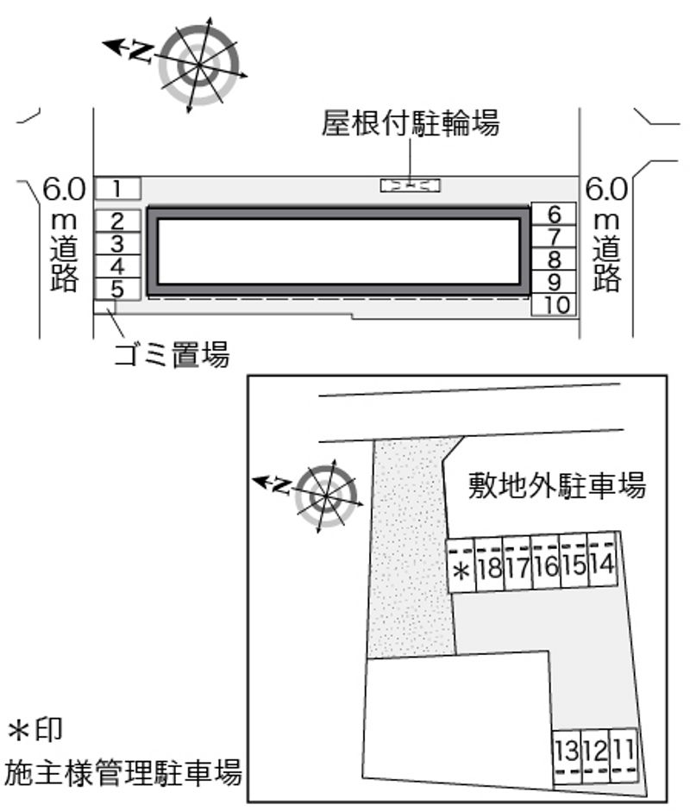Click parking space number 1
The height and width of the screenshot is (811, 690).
(x=117, y=188)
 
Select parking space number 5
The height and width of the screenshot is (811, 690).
(x=117, y=289)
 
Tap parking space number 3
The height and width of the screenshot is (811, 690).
(x=117, y=244)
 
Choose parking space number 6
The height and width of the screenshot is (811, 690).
(x=554, y=214)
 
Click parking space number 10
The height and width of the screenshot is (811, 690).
(x=554, y=304)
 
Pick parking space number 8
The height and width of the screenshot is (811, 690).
(x=554, y=259)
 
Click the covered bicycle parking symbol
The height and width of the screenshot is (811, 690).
(x=410, y=185)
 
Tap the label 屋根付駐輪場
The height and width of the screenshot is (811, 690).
(x=410, y=123)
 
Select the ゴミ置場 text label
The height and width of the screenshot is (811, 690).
(x=172, y=355)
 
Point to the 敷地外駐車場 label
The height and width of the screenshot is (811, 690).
(x=557, y=485)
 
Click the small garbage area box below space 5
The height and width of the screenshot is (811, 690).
(x=104, y=307)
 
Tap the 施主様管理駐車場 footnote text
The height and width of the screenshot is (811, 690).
(x=123, y=771)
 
